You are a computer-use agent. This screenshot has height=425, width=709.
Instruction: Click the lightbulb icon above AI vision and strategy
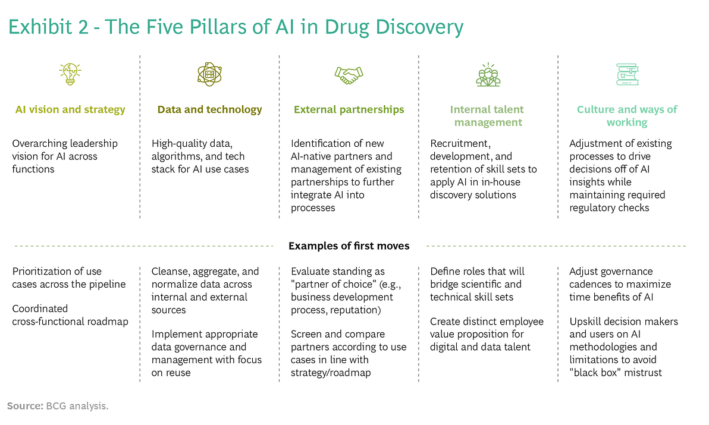pyautogui.click(x=70, y=74)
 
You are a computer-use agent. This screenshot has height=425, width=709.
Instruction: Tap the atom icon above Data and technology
pyautogui.click(x=209, y=74)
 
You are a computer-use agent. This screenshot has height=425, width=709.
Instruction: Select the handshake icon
pyautogui.click(x=349, y=75)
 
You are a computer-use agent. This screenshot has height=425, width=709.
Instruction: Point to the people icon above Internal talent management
pyautogui.click(x=488, y=74)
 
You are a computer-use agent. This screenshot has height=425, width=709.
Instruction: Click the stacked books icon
pyautogui.click(x=628, y=74)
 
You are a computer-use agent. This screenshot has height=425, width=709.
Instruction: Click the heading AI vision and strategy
pyautogui.click(x=70, y=110)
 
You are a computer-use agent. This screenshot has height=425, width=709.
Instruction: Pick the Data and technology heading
pyautogui.click(x=210, y=110)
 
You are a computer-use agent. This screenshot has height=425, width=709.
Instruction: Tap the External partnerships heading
pyautogui.click(x=349, y=110)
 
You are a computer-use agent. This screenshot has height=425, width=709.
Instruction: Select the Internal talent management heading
pyautogui.click(x=488, y=116)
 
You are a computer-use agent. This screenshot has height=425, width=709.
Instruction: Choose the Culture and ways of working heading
pyautogui.click(x=627, y=116)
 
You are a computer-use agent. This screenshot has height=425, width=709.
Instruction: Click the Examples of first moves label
pyautogui.click(x=349, y=246)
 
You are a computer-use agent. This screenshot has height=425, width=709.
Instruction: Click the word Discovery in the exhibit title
pyautogui.click(x=419, y=27)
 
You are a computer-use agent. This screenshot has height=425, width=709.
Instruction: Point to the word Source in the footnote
pyautogui.click(x=25, y=406)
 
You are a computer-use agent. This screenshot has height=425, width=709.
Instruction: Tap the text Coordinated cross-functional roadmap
pyautogui.click(x=70, y=315)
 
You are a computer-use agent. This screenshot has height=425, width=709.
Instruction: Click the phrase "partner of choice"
pyautogui.click(x=332, y=285)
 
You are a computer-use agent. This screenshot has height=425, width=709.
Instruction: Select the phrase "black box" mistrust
pyautogui.click(x=616, y=373)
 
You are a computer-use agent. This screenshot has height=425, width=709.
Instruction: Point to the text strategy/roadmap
pyautogui.click(x=331, y=373)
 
